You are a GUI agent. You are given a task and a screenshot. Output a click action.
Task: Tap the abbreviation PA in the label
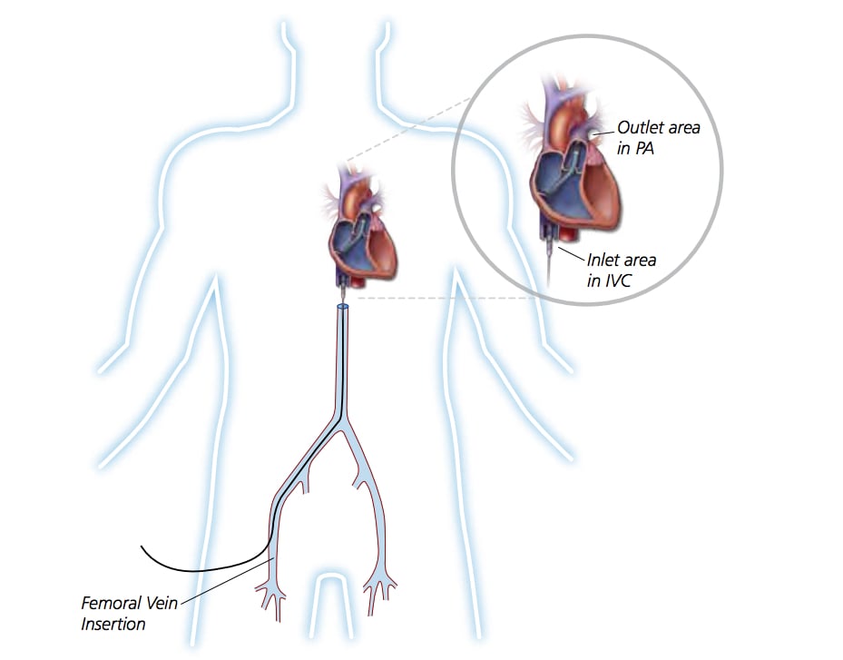(x=644, y=148)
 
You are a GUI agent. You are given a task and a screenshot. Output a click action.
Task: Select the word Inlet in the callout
(x=603, y=260)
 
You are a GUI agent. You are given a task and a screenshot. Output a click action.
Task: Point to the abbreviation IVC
(x=617, y=281)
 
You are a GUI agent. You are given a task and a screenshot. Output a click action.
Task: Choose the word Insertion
(x=113, y=624)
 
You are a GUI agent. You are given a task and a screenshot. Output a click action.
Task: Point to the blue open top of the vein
(x=342, y=307)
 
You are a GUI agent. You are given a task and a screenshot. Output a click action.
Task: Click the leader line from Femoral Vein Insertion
(x=228, y=581)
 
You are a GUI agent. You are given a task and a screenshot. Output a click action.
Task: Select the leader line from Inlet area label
(x=571, y=253)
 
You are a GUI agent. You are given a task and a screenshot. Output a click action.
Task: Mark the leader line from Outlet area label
(x=603, y=132)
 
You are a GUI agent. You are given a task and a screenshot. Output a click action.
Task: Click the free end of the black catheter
(x=142, y=547)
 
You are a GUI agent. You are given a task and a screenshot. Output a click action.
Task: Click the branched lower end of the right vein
(x=379, y=595)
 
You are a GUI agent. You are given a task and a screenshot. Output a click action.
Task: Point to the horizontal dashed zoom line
(x=446, y=298)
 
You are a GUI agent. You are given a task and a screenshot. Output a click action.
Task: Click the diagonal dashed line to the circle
(x=408, y=129)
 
